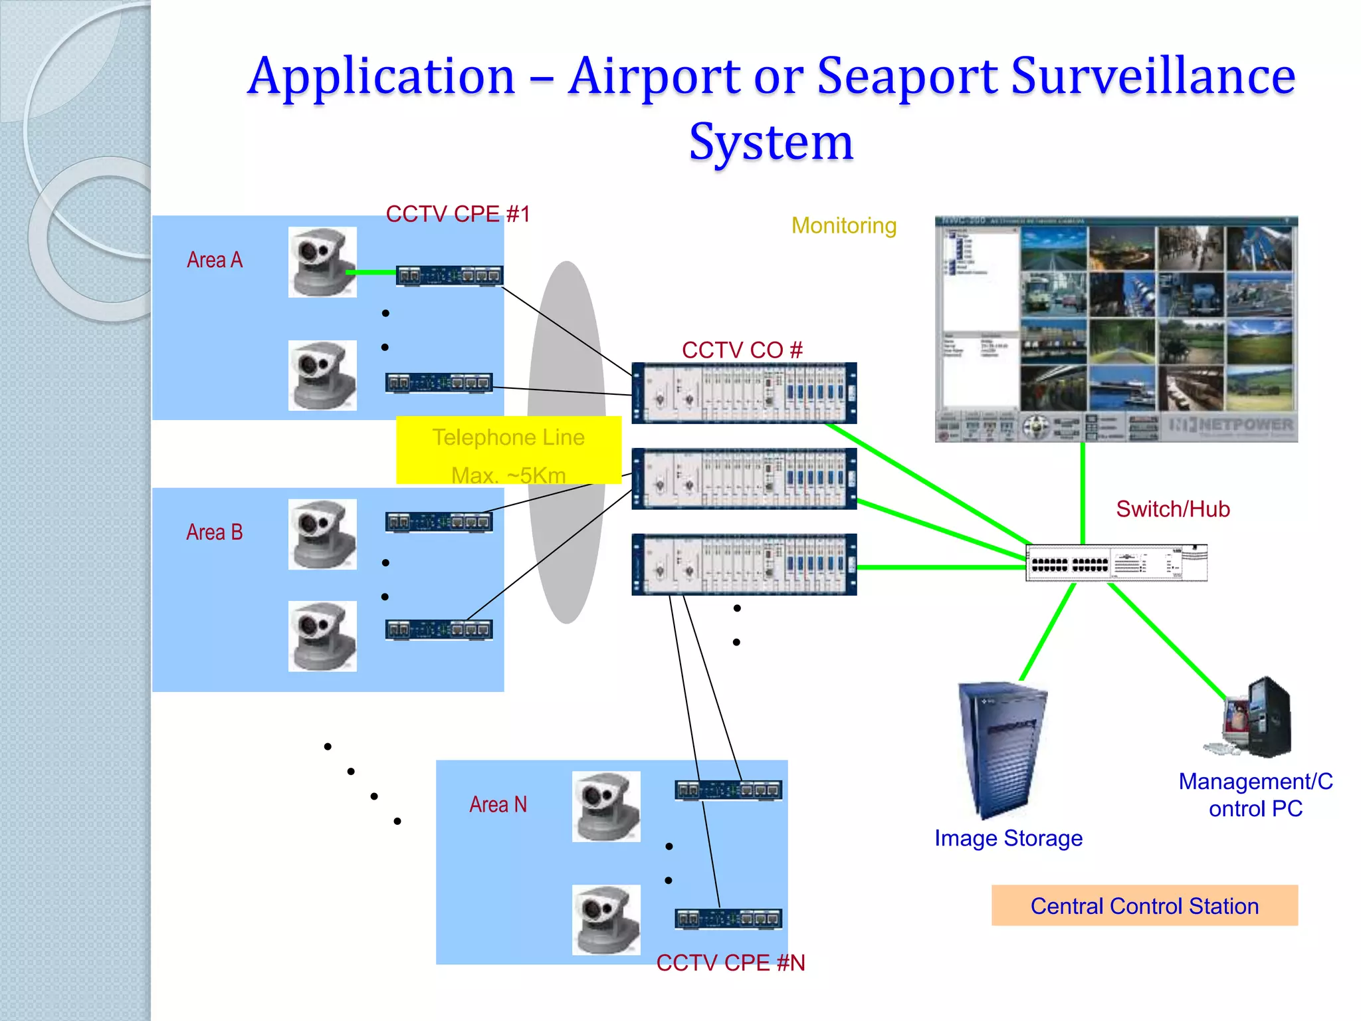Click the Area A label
[x=215, y=260]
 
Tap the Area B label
[x=214, y=532]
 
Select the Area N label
[x=498, y=805]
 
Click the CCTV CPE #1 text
[x=458, y=214]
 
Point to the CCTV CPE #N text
[x=730, y=963]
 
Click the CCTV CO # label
[x=742, y=350]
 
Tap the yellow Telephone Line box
[x=508, y=450]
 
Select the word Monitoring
[x=844, y=226]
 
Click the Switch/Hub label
[x=1173, y=509]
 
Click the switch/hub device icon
[x=1116, y=563]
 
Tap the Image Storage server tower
[x=1001, y=748]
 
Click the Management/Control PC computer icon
[x=1253, y=718]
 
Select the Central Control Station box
[x=1144, y=905]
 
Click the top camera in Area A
[x=322, y=261]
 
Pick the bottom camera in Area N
[x=606, y=919]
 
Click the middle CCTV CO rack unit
[x=744, y=479]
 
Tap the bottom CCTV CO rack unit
[x=744, y=564]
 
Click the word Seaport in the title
[x=907, y=76]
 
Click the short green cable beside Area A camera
[x=371, y=272]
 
